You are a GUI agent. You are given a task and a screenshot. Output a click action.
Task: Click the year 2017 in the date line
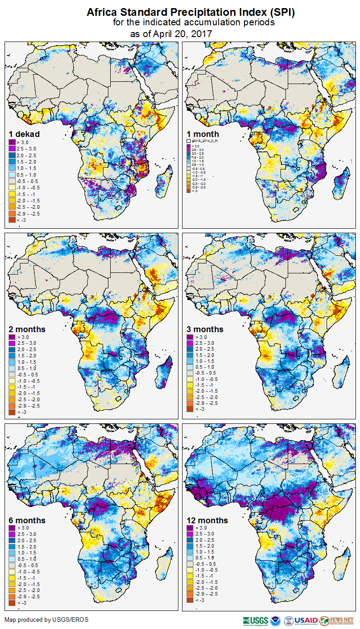(x=202, y=33)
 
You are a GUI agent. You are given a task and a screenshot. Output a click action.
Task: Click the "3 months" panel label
(x=205, y=329)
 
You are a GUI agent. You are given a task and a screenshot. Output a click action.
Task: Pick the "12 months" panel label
(x=207, y=520)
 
